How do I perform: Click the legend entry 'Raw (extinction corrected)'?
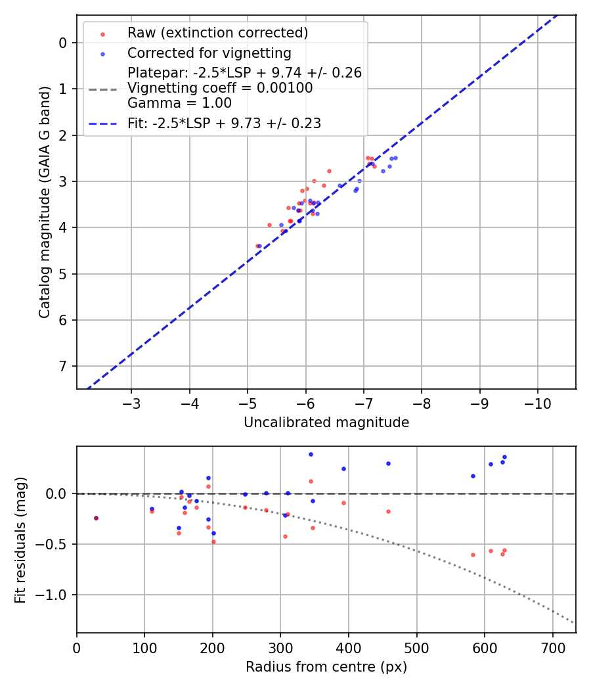tap(217, 33)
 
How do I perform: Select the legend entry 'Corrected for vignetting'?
tap(209, 53)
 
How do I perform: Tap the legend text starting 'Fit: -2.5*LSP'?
tap(224, 124)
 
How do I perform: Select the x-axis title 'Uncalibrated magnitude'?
tap(326, 423)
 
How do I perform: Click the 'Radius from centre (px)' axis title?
tap(326, 667)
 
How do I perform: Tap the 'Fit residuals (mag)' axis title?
tap(20, 540)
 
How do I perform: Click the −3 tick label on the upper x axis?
tap(131, 402)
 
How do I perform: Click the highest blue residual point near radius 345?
tap(311, 454)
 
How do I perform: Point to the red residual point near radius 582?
tap(473, 555)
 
